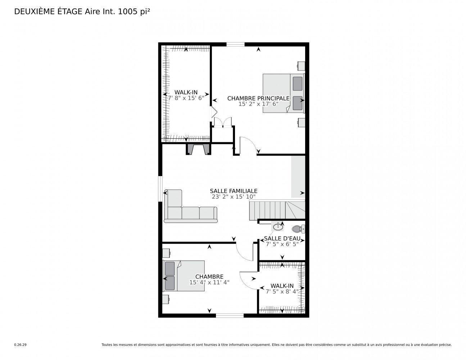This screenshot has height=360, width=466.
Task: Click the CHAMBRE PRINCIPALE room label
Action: coord(258,98)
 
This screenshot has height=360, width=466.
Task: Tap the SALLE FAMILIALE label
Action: coord(234,191)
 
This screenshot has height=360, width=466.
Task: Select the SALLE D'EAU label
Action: coord(282,238)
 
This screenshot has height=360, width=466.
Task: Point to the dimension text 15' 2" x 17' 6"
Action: coord(258,104)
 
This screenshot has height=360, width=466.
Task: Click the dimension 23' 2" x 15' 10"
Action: coord(234,197)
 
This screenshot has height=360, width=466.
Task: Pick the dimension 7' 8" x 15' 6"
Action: coord(186,98)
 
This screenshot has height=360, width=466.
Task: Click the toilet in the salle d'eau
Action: coord(298,229)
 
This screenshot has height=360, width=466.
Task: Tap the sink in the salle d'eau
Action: coord(277,227)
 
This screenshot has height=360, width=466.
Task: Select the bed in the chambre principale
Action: coord(283,93)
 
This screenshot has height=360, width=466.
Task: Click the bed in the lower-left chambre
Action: coord(178,276)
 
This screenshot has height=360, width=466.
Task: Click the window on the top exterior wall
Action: coord(235,45)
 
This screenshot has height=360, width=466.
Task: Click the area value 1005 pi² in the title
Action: coord(131,12)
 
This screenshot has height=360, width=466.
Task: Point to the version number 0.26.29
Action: coord(20,345)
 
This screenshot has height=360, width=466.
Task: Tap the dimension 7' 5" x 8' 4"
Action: coord(282,292)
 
